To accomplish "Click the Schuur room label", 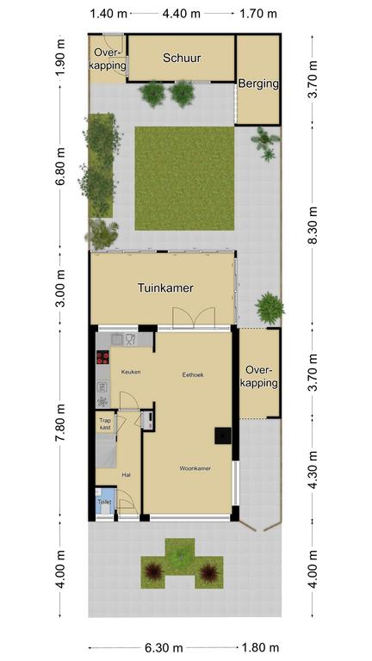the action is [182, 59].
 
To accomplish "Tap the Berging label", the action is [258, 83].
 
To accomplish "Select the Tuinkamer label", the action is [165, 288].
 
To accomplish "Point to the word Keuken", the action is [131, 372].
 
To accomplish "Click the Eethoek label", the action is [193, 374].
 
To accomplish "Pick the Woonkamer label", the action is [195, 468].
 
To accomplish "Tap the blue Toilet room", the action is [104, 501].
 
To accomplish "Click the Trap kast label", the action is [105, 424].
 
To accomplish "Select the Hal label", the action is [126, 475].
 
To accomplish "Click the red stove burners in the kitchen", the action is [102, 358].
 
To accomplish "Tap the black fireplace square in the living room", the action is [223, 436].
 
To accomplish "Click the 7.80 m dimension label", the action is [61, 423].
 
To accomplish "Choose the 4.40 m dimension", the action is [182, 14].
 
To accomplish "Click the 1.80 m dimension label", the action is [259, 648].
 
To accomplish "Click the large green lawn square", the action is [184, 178].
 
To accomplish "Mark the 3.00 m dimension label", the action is [61, 289].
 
